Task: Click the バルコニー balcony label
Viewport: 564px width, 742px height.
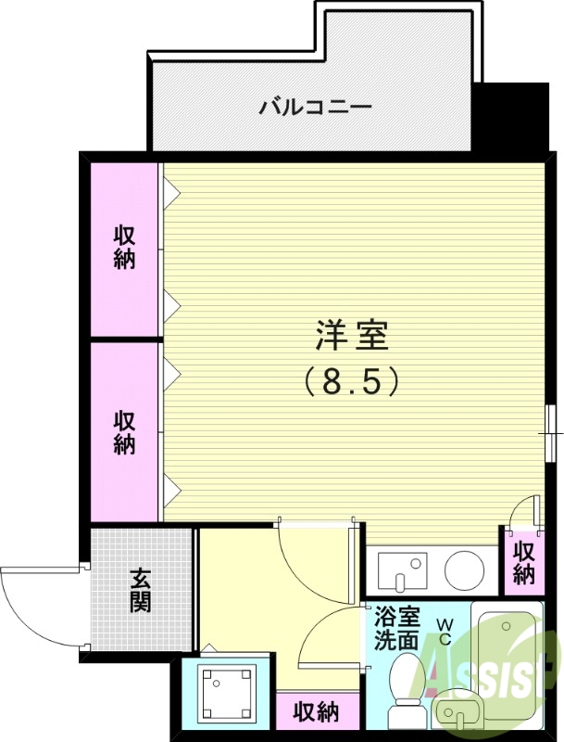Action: pos(315,107)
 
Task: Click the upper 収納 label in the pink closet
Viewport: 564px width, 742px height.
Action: pos(125,246)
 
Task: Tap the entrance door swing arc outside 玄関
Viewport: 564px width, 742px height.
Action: pos(32,603)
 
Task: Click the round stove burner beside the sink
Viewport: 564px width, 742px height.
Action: pos(464,568)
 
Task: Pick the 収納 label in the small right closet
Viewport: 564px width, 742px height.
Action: pos(524,562)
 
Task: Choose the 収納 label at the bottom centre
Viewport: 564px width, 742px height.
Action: pos(315,712)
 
